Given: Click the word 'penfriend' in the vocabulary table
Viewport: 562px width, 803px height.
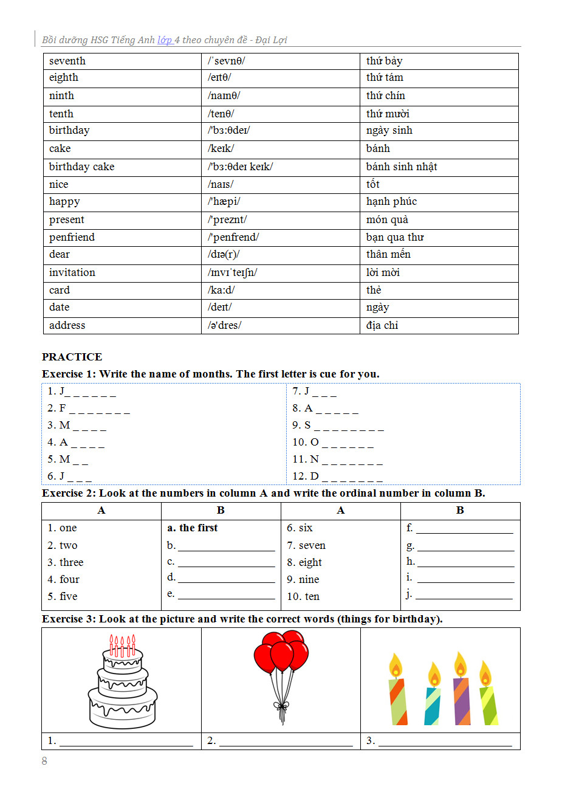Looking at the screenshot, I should pos(72,237).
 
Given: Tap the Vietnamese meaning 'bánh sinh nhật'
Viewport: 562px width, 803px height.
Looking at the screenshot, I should pos(402,167).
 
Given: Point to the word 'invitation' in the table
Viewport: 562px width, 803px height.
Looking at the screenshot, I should pos(72,272).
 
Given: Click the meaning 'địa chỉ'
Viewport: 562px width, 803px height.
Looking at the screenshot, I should pos(382,325).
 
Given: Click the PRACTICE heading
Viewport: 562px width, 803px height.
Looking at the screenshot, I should pos(72,357).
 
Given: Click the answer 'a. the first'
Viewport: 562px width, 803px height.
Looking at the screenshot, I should pos(192,528).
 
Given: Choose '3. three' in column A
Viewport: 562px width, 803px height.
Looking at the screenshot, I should pos(66,562).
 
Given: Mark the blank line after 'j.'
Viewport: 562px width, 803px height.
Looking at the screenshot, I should pos(464,595).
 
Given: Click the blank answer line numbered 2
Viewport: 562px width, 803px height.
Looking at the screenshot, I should pos(286,742).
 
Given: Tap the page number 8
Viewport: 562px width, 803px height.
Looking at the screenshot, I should pos(44,761).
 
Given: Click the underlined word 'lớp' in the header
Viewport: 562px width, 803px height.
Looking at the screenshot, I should pos(165,40).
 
